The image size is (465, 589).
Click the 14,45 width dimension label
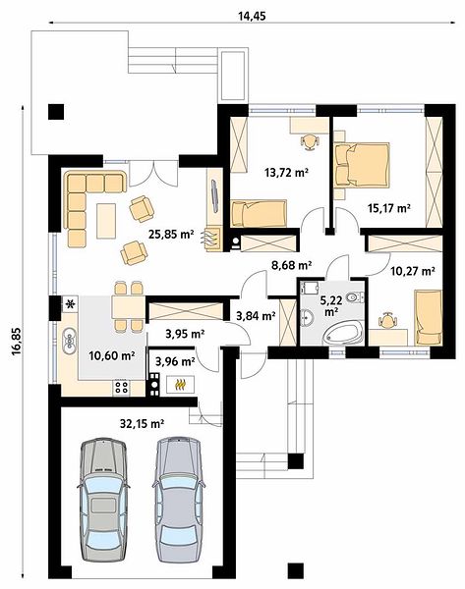pyautogui.click(x=252, y=16)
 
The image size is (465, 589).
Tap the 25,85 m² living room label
pyautogui.click(x=171, y=235)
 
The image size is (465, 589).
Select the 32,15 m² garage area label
pyautogui.click(x=142, y=424)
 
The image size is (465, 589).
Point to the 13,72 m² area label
pyautogui.click(x=287, y=173)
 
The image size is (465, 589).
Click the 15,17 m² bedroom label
pyautogui.click(x=388, y=208)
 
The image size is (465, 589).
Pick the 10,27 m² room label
pyautogui.click(x=413, y=271)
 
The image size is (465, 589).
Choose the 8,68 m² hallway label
pyautogui.click(x=292, y=266)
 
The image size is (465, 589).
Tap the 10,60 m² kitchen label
pyautogui.click(x=112, y=355)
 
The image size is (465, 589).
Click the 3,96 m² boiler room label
pyautogui.click(x=175, y=361)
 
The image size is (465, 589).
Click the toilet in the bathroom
pyautogui.click(x=355, y=297)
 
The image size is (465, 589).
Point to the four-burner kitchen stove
pyautogui.click(x=122, y=388)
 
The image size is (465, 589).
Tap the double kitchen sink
pyautogui.click(x=70, y=341)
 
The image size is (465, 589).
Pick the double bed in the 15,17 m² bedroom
pyautogui.click(x=361, y=164)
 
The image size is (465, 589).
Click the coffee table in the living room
pyautogui.click(x=106, y=221)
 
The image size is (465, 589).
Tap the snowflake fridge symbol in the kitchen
pyautogui.click(x=70, y=303)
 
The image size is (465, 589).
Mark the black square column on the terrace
pyautogui.click(x=56, y=112)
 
